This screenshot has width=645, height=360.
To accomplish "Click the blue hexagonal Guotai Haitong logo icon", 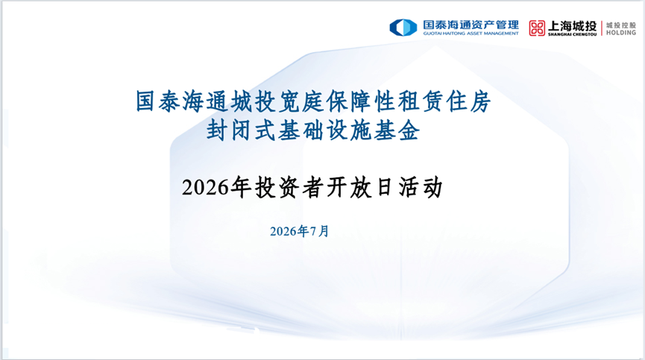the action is (403, 28).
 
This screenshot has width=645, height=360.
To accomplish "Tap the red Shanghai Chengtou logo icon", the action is (537, 28).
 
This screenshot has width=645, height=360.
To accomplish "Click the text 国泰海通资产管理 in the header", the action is (471, 25).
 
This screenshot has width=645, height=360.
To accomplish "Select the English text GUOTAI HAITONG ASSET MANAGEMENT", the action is (471, 34).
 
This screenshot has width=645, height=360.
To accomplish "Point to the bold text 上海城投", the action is (572, 26).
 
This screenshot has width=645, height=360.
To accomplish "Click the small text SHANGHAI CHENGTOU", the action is (572, 34).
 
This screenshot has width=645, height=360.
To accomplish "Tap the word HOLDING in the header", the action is (620, 33).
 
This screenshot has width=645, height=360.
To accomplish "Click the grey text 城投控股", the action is (620, 25).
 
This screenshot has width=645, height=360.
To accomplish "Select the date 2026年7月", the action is (300, 231).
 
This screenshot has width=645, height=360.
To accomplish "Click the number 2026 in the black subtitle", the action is (205, 188).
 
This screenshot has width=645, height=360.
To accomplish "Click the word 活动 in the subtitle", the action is (421, 187).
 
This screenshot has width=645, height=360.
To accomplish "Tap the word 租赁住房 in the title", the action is (444, 101).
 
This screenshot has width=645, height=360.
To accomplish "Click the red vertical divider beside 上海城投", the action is (602, 28).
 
